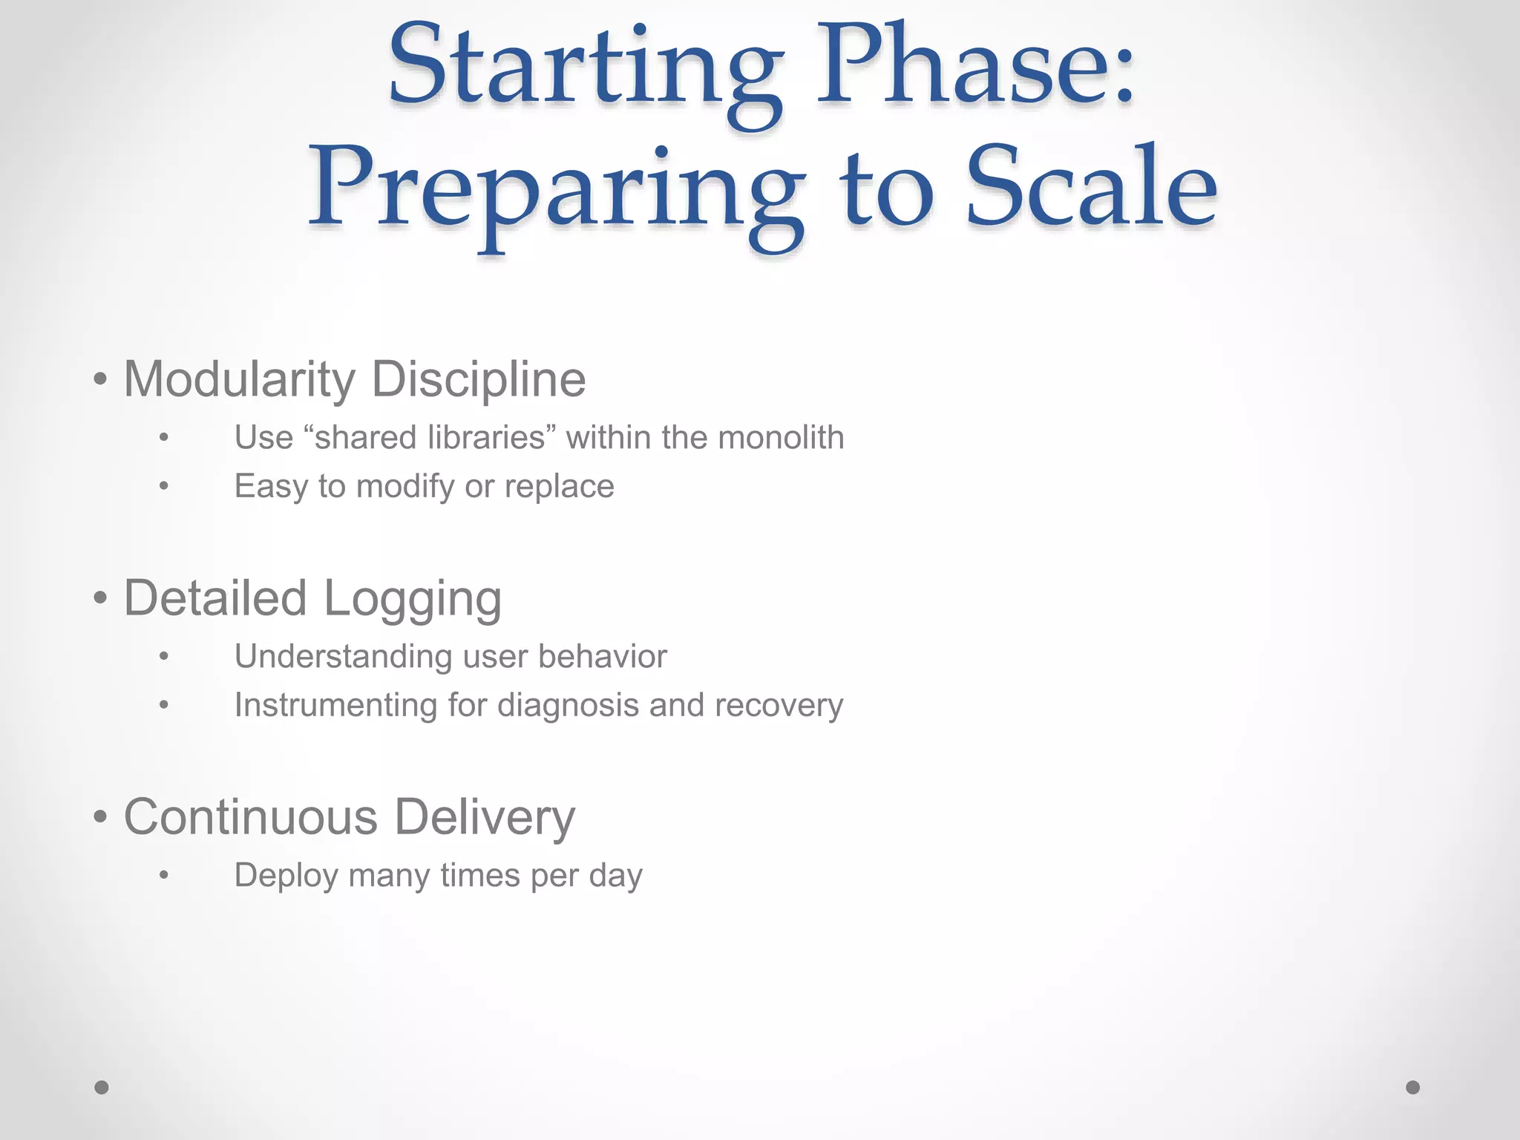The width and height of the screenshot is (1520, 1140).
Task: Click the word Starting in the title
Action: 584,71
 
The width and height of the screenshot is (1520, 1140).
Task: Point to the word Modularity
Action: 240,380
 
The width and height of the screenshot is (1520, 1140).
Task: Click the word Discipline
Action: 479,380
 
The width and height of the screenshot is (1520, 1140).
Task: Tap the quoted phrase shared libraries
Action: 430,437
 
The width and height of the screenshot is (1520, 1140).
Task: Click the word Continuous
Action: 250,817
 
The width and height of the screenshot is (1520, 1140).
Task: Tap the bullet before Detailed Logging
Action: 101,598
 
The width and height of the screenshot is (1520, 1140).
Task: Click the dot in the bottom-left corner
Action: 102,1087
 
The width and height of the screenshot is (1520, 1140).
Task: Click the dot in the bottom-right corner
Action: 1413,1087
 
